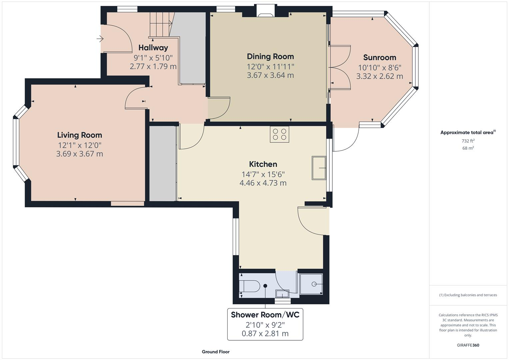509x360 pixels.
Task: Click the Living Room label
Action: click(80, 135)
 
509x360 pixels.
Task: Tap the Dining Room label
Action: click(270, 56)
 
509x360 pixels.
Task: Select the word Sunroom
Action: click(379, 57)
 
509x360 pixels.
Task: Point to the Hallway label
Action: click(153, 48)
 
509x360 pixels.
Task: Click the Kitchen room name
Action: click(263, 164)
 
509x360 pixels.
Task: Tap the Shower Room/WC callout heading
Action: click(265, 315)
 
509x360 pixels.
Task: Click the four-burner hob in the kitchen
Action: click(279, 134)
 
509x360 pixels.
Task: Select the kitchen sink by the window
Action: click(319, 168)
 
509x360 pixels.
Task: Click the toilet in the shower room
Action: click(250, 286)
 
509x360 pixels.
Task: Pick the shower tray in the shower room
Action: click(311, 284)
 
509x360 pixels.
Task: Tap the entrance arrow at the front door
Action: click(100, 39)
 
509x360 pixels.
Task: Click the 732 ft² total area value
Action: click(468, 141)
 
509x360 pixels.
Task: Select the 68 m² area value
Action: click(468, 148)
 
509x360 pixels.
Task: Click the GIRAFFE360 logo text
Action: click(468, 345)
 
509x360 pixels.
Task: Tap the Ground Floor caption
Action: click(216, 352)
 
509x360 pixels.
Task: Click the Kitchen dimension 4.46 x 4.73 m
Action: click(263, 183)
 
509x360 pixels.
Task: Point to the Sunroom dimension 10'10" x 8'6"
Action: click(380, 68)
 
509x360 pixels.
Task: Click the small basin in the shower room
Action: click(282, 294)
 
